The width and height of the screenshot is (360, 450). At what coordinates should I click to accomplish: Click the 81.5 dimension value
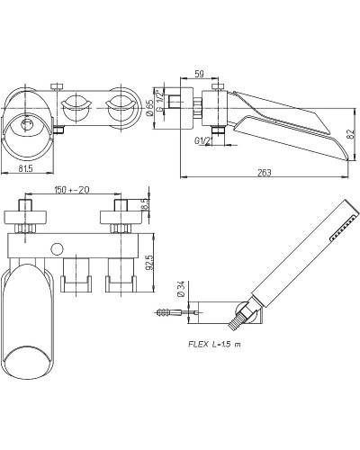(25, 168)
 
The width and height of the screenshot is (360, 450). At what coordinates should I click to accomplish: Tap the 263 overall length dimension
(265, 173)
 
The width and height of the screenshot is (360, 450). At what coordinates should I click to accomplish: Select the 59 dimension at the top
(199, 74)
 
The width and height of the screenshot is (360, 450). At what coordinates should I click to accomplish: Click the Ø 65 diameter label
(150, 108)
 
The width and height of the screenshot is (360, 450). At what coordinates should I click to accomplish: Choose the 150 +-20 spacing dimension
(72, 190)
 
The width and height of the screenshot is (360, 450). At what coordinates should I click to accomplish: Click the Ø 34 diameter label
(181, 289)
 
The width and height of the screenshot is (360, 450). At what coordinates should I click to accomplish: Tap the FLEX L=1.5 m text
(214, 344)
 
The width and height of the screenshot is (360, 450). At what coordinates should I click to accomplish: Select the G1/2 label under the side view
(202, 140)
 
